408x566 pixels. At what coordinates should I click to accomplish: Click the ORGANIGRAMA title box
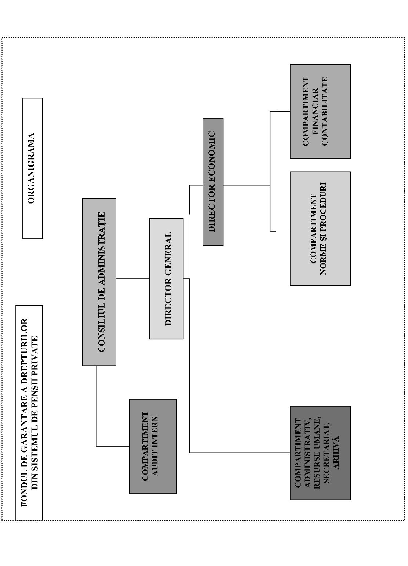[33, 168]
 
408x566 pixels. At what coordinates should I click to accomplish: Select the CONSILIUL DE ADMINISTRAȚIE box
[99, 282]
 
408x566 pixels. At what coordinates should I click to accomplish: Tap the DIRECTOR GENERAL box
[166, 279]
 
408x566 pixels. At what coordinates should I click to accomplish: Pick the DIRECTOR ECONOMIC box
[213, 182]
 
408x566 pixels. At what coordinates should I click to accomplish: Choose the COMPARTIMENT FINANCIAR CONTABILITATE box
[320, 111]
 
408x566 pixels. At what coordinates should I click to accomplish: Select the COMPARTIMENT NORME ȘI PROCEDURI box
[320, 229]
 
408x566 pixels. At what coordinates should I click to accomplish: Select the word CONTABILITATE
[324, 111]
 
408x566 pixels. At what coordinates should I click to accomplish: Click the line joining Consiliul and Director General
[133, 279]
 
